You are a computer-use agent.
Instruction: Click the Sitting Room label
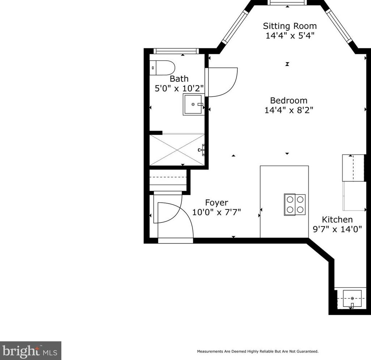pos(290,26)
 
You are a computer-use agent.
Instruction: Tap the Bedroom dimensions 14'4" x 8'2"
pos(289,110)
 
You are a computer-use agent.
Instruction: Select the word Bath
pos(179,79)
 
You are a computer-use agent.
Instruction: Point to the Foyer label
pos(216,203)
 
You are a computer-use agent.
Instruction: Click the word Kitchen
pos(337,220)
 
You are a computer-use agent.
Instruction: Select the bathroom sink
pos(194,104)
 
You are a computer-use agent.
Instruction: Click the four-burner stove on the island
pos(295,205)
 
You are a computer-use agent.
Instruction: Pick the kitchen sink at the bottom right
pos(352,298)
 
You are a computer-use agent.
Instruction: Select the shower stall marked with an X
pos(177,149)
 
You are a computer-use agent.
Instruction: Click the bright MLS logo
pos(30,350)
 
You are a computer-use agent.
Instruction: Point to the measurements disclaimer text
pos(258,351)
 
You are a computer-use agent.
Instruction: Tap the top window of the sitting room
pos(288,3)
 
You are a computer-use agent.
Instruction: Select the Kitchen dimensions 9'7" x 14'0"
pos(337,229)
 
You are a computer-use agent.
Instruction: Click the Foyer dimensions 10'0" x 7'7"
pos(216,212)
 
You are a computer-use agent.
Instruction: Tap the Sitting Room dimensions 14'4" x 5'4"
pos(290,35)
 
